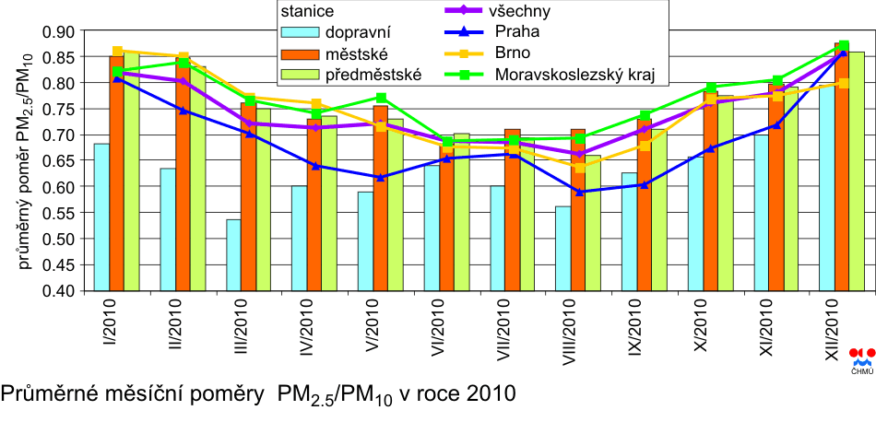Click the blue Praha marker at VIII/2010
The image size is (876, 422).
[579, 192]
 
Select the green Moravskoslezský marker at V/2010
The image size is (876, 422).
[381, 98]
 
